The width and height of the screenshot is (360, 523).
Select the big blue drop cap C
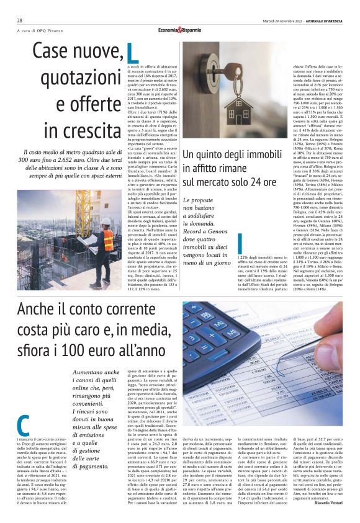click(x=23, y=424)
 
